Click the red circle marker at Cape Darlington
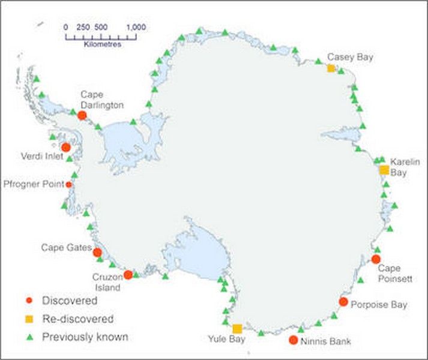[82, 114]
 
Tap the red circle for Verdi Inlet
[66, 147]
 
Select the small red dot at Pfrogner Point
[69, 184]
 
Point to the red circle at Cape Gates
[97, 253]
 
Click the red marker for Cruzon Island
[128, 275]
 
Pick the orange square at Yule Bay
[238, 328]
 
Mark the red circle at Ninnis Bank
[293, 341]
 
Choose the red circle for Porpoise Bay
[343, 302]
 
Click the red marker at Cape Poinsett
[376, 259]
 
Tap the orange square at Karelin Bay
[384, 170]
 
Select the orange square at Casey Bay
[331, 68]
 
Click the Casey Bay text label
[351, 57]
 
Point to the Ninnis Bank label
[327, 341]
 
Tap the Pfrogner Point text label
[34, 184]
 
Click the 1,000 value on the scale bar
[136, 27]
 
